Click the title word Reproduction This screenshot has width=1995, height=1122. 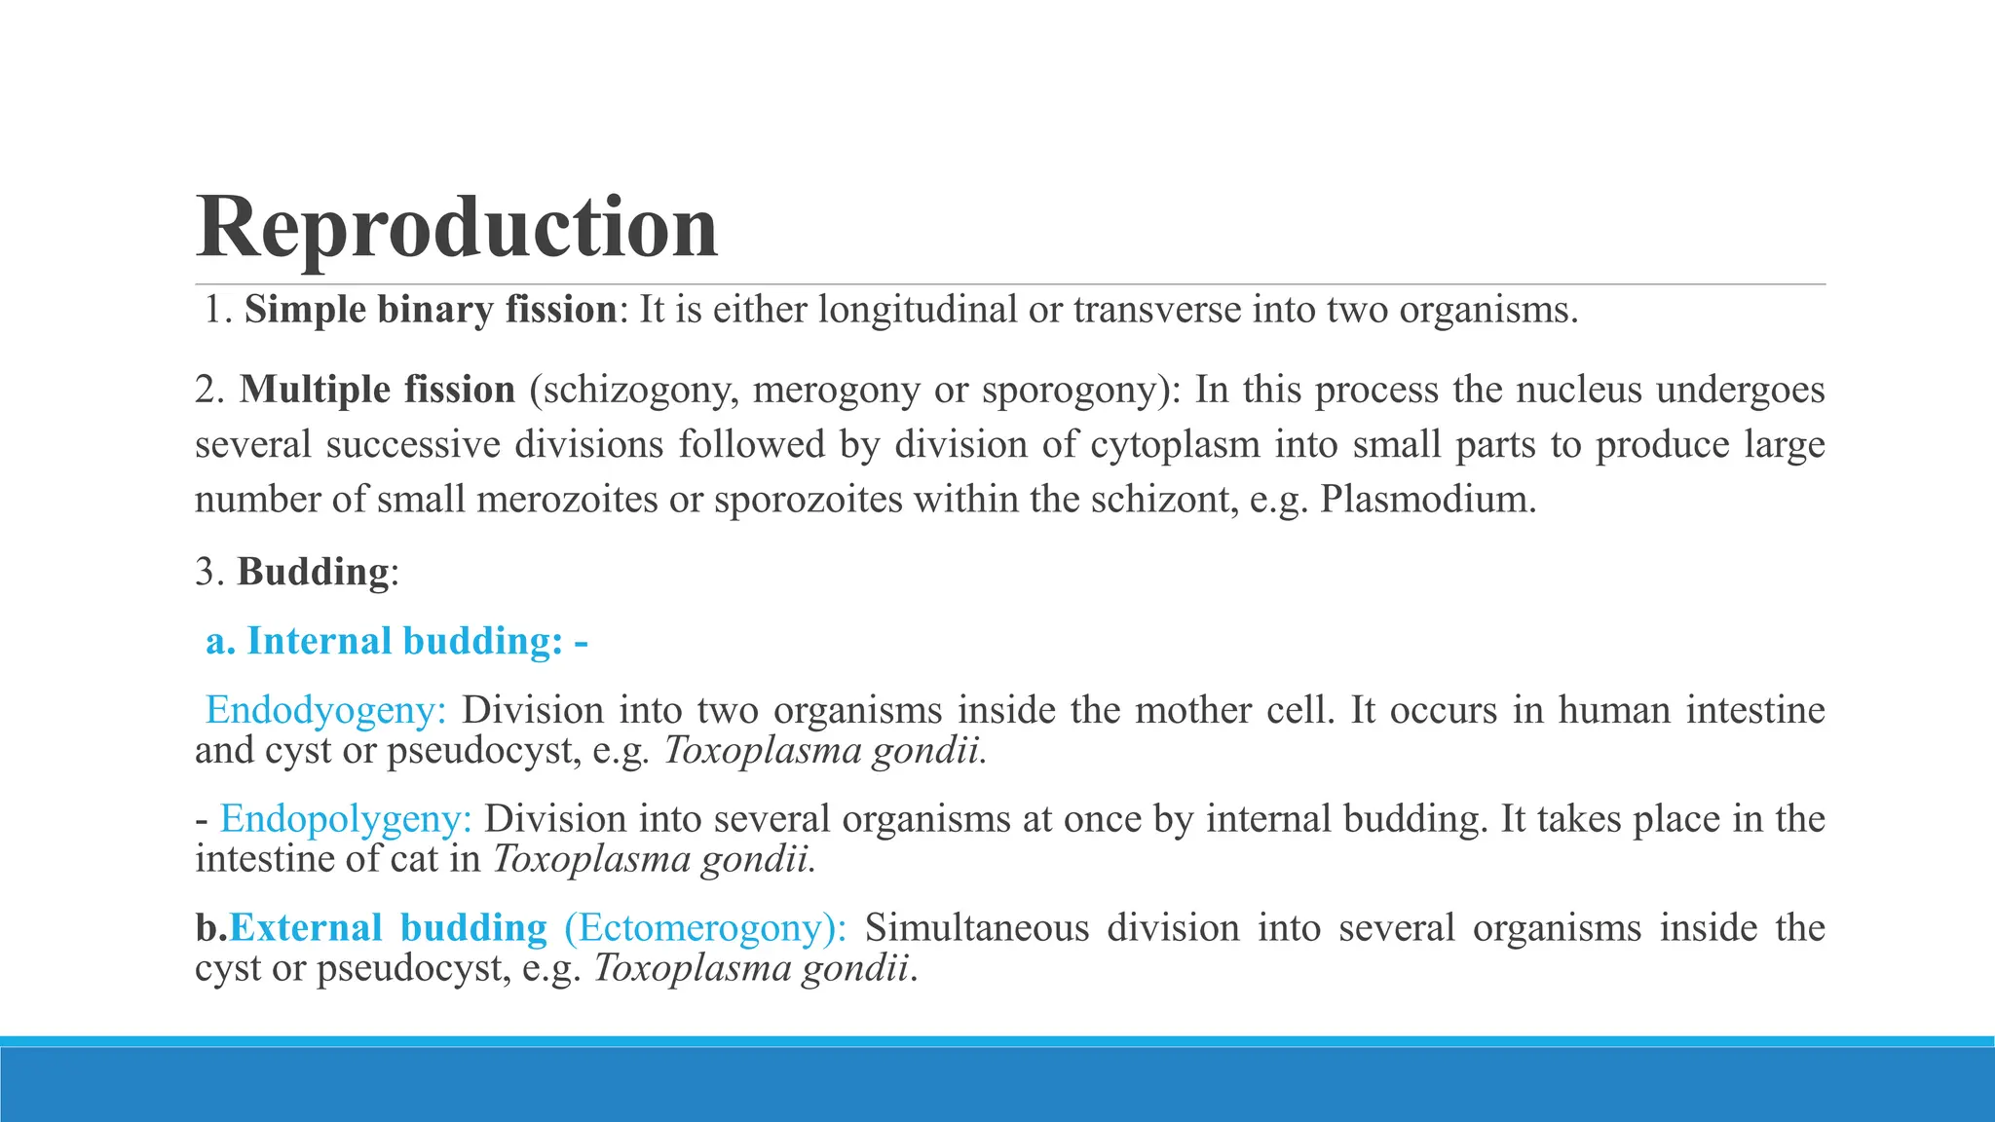[457, 227]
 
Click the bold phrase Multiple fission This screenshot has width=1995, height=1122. [378, 390]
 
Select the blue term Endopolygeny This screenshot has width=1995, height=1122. [346, 819]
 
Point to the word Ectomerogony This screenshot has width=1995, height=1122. [704, 928]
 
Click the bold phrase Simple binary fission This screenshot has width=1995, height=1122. [431, 310]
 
